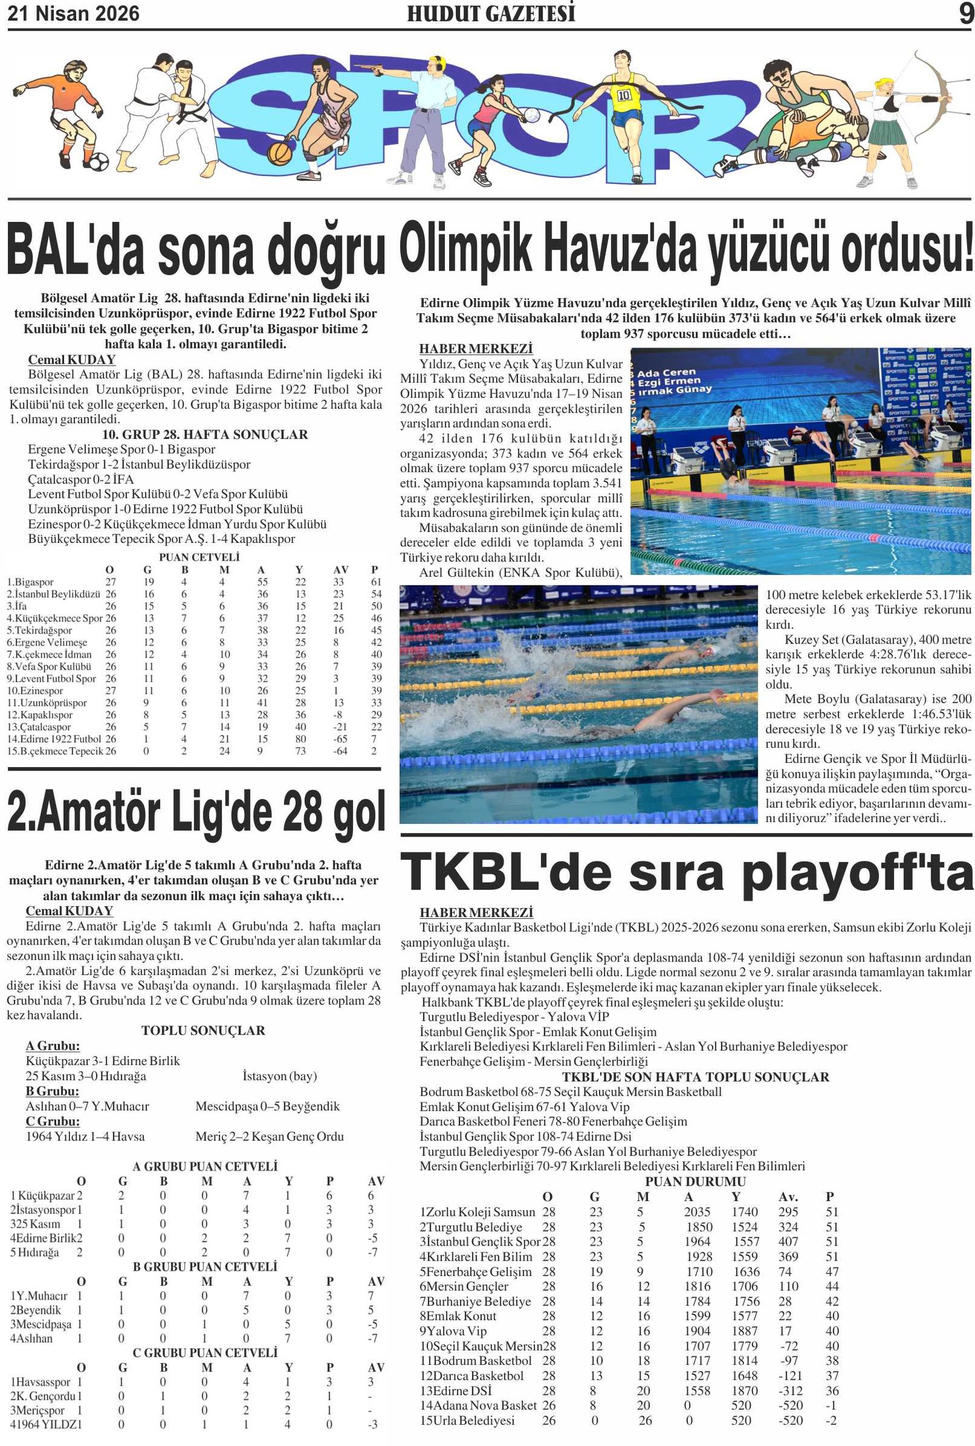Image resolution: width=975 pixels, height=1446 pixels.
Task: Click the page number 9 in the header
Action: tap(966, 13)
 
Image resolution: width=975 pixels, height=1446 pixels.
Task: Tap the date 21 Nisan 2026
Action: tap(73, 13)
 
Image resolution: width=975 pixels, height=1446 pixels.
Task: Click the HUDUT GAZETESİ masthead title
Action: tap(491, 13)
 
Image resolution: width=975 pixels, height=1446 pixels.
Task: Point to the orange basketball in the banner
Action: tap(279, 152)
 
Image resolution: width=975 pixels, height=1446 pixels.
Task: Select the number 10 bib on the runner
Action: tap(623, 95)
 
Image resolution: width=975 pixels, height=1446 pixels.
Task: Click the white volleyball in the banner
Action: tap(531, 115)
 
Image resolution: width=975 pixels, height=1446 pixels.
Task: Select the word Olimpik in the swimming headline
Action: tap(466, 250)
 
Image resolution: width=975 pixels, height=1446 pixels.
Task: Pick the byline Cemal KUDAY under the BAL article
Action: tap(71, 360)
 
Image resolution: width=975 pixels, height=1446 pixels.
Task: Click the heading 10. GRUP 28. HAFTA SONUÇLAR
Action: tap(205, 434)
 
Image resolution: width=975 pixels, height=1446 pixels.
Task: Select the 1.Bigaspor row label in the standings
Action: tap(30, 582)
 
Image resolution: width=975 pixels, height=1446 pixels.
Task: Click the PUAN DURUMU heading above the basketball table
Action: tap(695, 1181)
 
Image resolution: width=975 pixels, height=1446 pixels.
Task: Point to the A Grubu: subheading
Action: tap(53, 1046)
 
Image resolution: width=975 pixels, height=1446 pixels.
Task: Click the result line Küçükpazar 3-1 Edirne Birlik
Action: tap(102, 1060)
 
